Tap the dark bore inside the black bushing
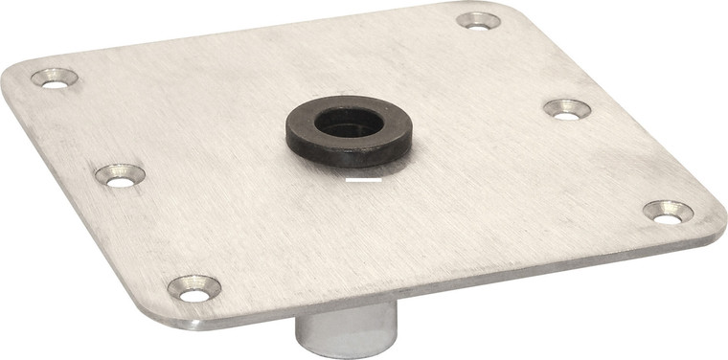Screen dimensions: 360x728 point(349,121)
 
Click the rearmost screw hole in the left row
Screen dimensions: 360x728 point(55,79)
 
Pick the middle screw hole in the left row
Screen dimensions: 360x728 point(120,175)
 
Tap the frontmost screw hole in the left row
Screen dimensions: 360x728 point(194,288)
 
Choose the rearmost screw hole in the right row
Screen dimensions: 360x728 point(478,20)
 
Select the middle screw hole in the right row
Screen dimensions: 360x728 point(567,109)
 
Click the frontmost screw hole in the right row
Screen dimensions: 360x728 point(668,213)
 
